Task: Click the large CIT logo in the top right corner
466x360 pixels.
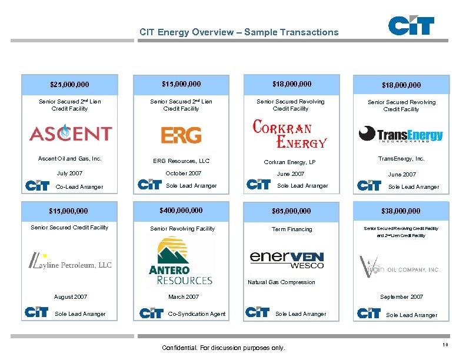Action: tap(411, 26)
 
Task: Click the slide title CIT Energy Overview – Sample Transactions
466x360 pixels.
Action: tap(239, 32)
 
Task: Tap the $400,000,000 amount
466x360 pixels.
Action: tap(181, 210)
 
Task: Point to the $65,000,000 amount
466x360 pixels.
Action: tap(291, 211)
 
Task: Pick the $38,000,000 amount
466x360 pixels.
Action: tap(401, 211)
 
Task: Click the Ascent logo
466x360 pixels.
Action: tap(70, 133)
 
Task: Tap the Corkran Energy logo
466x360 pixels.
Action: tap(289, 134)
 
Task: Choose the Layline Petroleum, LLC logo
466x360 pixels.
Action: tap(69, 262)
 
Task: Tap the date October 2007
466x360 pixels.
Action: tap(184, 174)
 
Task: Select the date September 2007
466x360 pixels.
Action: tap(401, 297)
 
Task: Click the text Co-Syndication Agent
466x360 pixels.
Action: tap(197, 314)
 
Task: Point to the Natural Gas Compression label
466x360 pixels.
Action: tap(281, 282)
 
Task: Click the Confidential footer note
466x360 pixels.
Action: tap(223, 348)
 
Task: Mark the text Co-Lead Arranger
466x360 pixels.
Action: tap(79, 187)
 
